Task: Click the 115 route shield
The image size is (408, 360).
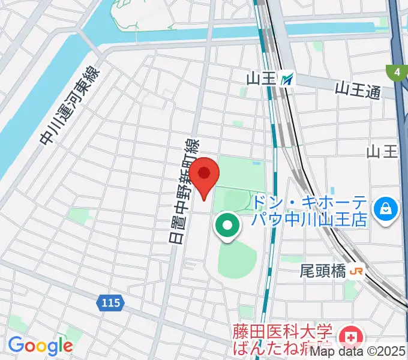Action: [x=110, y=303]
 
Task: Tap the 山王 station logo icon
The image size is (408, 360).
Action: [x=289, y=78]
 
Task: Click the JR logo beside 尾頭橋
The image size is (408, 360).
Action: [x=356, y=272]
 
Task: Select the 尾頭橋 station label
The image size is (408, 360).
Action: [x=323, y=272]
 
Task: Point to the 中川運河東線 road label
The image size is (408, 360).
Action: [x=71, y=106]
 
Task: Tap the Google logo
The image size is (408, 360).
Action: [x=40, y=345]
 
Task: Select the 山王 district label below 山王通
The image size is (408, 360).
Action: [x=382, y=151]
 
